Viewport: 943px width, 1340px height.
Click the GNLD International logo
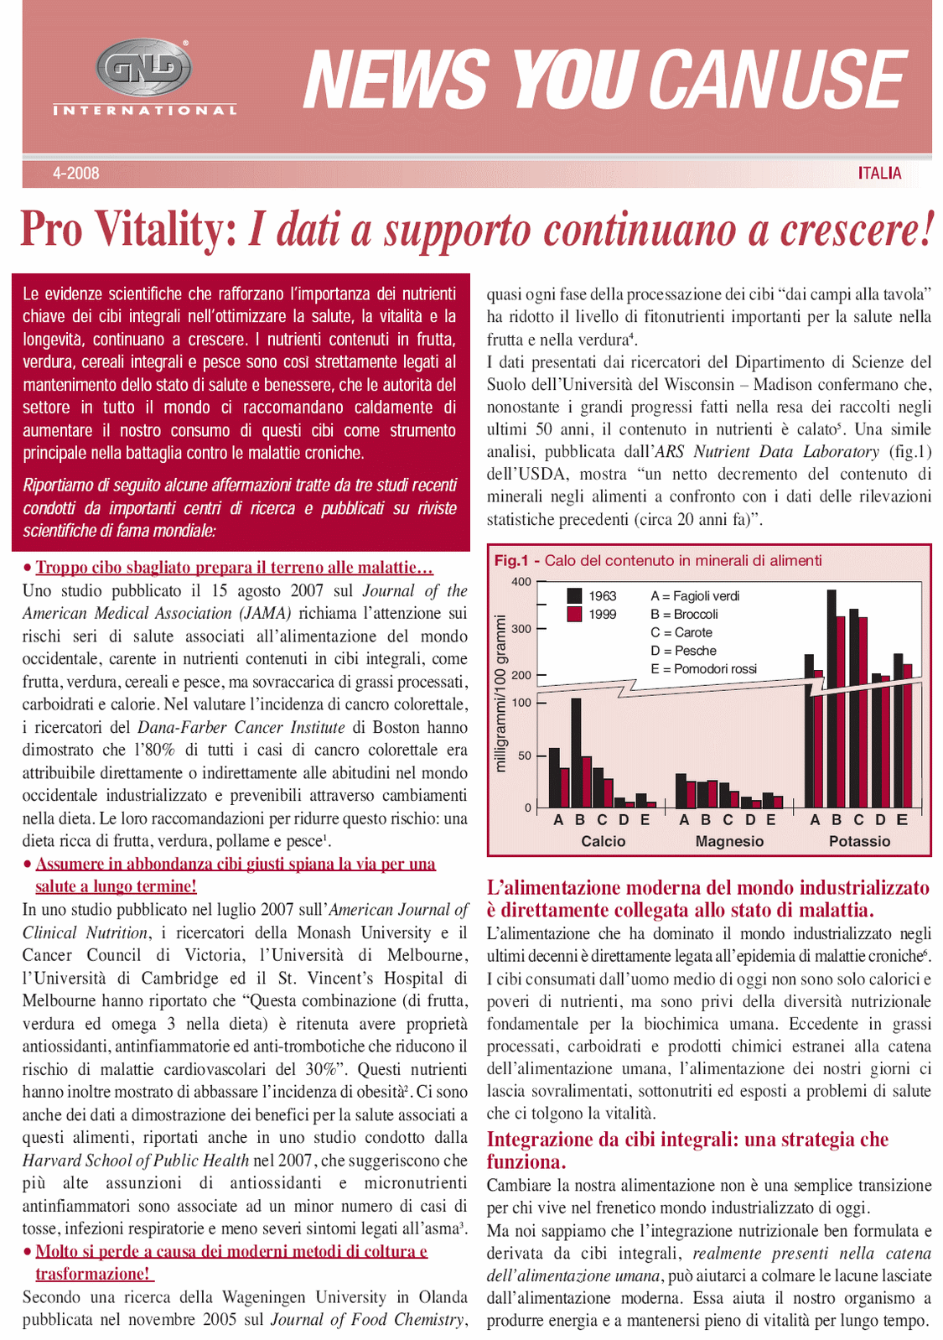(144, 77)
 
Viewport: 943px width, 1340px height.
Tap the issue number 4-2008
(75, 174)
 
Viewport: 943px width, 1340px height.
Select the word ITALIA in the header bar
(879, 174)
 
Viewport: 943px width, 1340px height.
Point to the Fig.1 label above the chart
(511, 560)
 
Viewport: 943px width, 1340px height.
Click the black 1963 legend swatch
(574, 595)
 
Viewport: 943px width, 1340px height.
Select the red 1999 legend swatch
(574, 614)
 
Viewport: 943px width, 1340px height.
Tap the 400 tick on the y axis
(521, 582)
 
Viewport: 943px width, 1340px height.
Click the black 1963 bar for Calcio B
(576, 751)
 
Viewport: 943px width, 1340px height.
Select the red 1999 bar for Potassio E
(907, 735)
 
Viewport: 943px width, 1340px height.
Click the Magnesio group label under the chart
(729, 841)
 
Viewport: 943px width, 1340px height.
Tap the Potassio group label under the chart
(859, 841)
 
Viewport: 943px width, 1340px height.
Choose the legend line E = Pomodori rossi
(703, 668)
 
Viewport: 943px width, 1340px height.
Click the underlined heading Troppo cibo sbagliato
(234, 568)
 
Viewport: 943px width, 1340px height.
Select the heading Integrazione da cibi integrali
(687, 1140)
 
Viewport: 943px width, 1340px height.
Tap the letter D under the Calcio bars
(623, 820)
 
